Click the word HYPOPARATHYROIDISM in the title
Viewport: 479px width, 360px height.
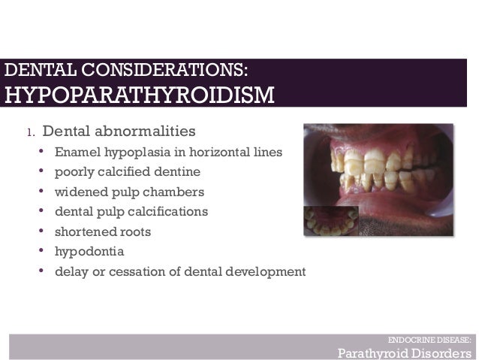coord(140,96)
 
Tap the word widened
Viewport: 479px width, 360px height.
coord(79,192)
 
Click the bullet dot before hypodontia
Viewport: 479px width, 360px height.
coord(42,251)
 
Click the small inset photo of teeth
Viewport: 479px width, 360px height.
coord(330,222)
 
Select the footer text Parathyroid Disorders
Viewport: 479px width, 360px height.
coord(404,352)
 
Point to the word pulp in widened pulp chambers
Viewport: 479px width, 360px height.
coord(120,192)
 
